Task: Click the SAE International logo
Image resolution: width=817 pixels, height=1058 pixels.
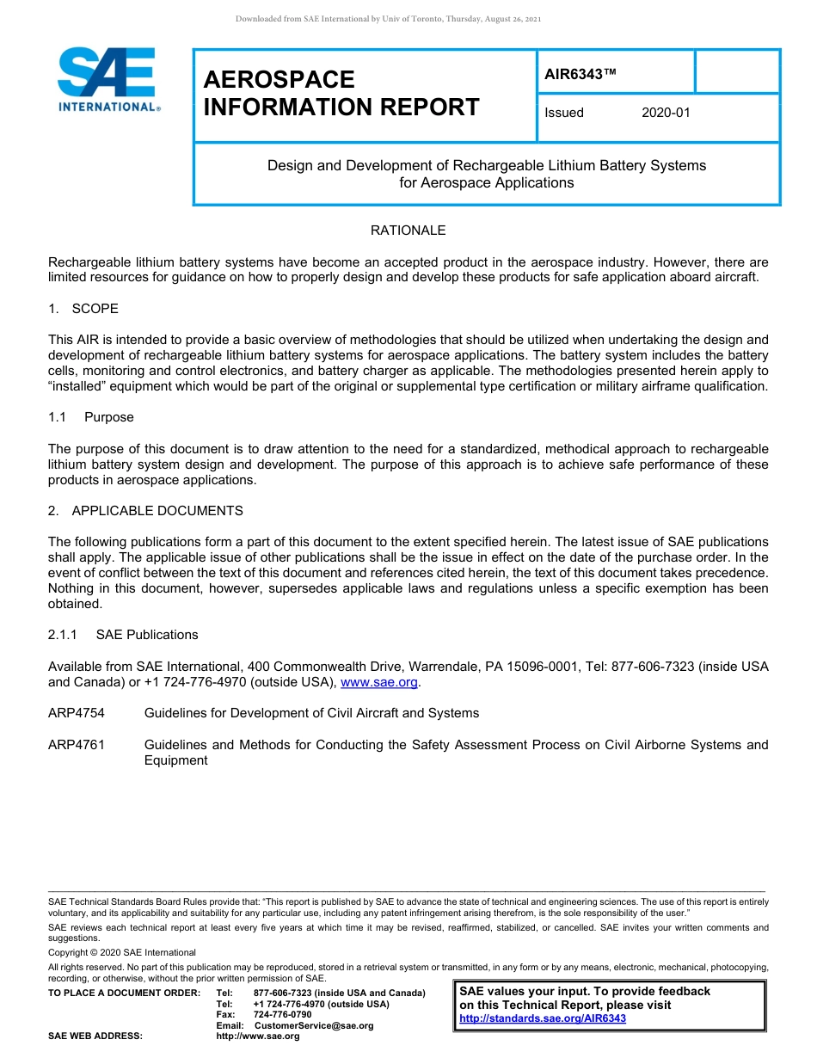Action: (x=107, y=80)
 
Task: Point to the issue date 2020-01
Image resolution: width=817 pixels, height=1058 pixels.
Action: (x=666, y=113)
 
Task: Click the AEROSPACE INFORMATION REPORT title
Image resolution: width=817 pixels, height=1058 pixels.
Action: (x=341, y=93)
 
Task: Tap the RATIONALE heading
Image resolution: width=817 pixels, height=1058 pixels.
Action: (x=408, y=231)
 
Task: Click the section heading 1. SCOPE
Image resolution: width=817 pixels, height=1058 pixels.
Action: (x=83, y=309)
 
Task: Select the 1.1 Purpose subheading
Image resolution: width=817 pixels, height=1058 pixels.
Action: (x=91, y=417)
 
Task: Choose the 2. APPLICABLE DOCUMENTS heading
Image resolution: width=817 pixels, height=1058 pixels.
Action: (x=145, y=511)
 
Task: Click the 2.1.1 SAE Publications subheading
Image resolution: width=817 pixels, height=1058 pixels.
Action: (x=123, y=635)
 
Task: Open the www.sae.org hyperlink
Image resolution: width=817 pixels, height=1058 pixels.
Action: (x=379, y=682)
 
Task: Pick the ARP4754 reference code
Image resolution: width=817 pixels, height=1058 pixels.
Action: (x=77, y=713)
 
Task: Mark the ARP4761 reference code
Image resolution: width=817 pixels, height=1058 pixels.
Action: (x=77, y=745)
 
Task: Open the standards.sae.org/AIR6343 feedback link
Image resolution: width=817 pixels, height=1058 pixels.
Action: (x=543, y=1018)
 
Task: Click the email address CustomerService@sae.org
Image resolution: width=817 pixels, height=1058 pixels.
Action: (x=314, y=1025)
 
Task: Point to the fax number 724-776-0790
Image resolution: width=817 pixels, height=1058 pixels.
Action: (x=282, y=1015)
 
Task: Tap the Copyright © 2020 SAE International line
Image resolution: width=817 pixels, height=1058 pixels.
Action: (x=122, y=952)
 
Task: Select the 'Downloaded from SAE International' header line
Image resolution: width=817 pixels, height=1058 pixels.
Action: (x=388, y=19)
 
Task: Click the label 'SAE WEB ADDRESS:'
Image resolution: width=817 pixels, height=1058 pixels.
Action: (x=95, y=1036)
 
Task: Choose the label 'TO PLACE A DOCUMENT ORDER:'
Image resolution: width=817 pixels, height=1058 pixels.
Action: (x=124, y=993)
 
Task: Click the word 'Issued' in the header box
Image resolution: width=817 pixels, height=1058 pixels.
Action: (x=564, y=113)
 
